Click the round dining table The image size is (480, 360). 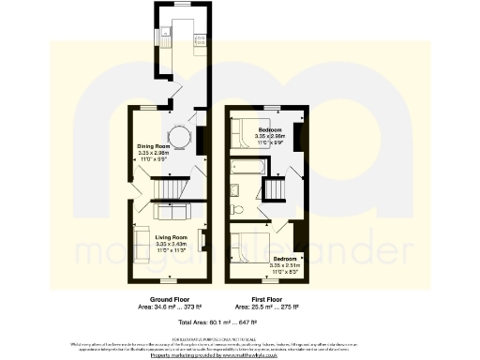tap(184, 140)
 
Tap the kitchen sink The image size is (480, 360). tap(164, 34)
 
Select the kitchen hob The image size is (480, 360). tap(199, 37)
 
